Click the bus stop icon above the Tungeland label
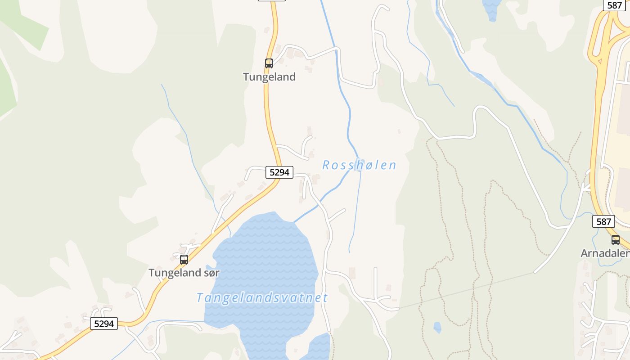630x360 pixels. coord(269,63)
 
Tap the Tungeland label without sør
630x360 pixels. coord(269,77)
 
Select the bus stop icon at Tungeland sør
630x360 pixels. coord(184,260)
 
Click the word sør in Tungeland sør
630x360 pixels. coord(211,273)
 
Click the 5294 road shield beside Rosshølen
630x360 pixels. coord(279,172)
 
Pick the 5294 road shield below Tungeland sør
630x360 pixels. coord(104,324)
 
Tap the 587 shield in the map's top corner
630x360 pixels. coord(614,5)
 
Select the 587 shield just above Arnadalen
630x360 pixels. coord(603,221)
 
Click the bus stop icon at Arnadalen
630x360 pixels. coord(615,240)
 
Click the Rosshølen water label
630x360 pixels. coord(359,165)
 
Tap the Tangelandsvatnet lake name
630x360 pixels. coord(262,298)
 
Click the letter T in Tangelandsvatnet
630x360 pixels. coord(200,298)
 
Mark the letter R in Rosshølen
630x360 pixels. coord(326,165)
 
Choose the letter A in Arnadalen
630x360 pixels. coord(585,253)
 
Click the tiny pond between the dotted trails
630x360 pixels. coord(437,328)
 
